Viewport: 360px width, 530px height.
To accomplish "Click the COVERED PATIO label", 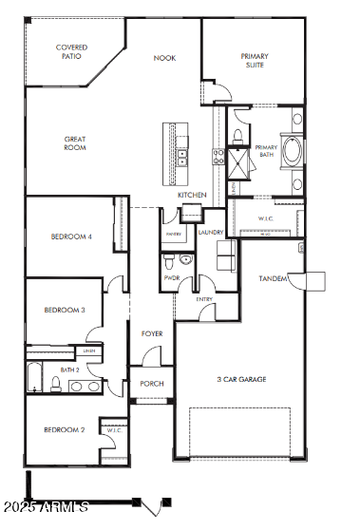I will (71, 51).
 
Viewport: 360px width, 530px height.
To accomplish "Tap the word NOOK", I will (165, 58).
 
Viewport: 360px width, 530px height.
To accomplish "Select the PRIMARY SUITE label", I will (254, 62).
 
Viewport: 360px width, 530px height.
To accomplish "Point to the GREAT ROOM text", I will (74, 143).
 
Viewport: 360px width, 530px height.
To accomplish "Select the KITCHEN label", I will (192, 195).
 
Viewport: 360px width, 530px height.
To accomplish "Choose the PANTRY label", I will (173, 233).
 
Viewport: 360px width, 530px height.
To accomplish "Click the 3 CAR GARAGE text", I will (240, 379).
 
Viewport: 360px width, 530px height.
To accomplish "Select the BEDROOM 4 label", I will (70, 237).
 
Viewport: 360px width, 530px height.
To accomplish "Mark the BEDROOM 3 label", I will (65, 310).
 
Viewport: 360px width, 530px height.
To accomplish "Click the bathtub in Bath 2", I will (34, 377).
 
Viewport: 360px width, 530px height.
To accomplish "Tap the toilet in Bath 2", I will (56, 384).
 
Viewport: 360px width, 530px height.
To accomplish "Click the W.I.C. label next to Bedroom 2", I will (114, 430).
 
